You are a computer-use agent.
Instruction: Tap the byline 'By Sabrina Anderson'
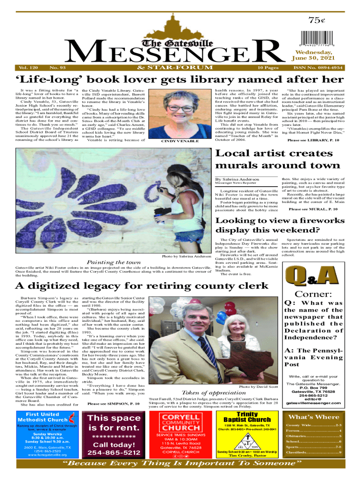pos(236,192)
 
